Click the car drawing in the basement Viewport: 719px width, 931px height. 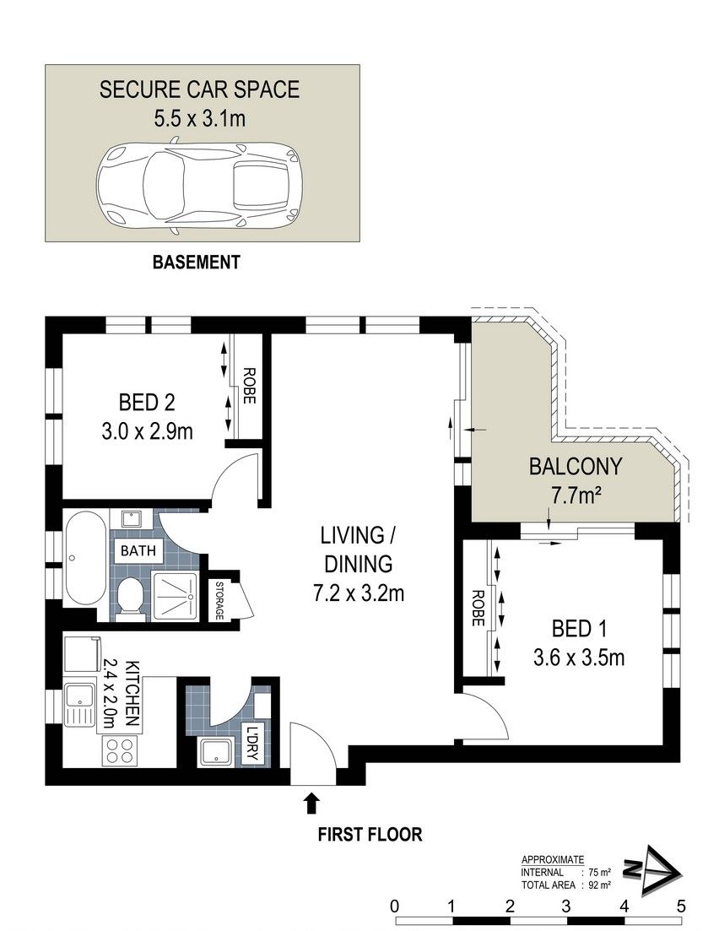coord(200,184)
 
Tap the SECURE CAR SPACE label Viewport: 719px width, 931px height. coord(199,89)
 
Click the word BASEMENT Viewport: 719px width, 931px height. coord(197,262)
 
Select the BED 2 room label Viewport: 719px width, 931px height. coord(147,403)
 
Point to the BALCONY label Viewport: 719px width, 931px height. coord(576,467)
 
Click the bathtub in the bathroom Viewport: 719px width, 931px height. coord(85,559)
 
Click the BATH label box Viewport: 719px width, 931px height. coord(138,551)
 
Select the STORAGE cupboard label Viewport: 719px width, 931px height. coord(219,600)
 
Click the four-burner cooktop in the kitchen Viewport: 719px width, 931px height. coord(120,750)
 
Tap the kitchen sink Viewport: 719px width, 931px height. coord(79,705)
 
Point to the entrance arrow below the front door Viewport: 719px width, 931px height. coord(311,804)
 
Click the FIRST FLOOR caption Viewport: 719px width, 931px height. coord(370,834)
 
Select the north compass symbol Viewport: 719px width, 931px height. coord(652,870)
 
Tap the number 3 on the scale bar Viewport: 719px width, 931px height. coord(565,907)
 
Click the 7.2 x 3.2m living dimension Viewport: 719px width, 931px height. coord(359,593)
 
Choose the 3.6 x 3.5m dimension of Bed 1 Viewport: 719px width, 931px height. coord(579,658)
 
